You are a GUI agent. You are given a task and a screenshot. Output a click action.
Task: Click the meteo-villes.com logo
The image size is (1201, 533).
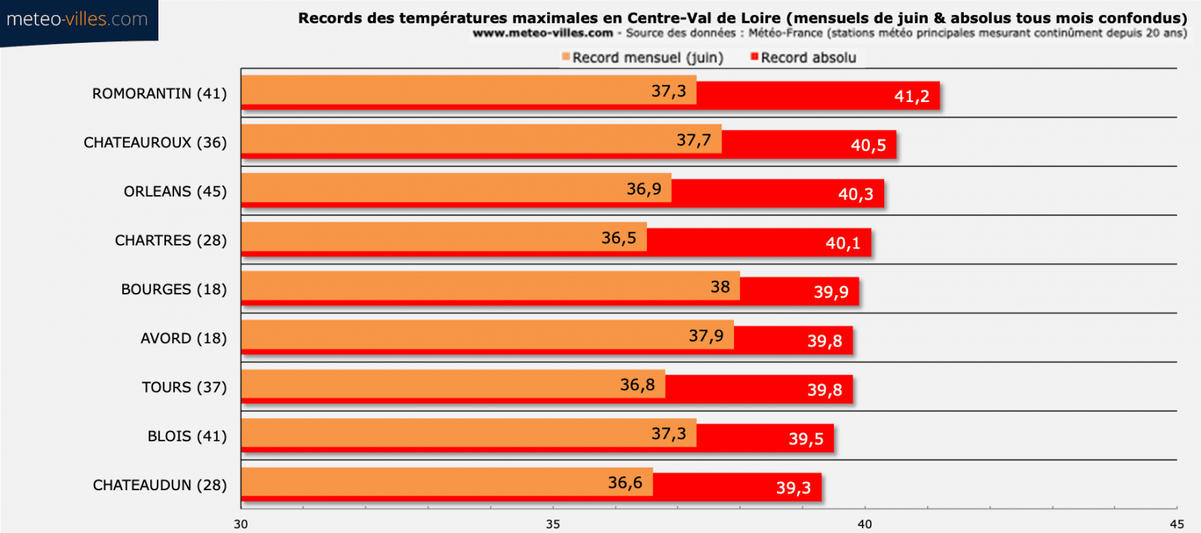point(77,20)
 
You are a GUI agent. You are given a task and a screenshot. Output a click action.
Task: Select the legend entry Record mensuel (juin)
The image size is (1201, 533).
point(643,58)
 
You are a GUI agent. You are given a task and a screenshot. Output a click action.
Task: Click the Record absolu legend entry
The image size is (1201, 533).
point(804,58)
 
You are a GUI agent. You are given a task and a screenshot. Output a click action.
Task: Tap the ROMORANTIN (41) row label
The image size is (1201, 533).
point(159,94)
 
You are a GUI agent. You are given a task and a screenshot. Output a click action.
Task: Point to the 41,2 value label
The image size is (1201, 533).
point(911,96)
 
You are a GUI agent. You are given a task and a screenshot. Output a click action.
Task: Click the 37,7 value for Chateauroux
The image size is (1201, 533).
point(693,140)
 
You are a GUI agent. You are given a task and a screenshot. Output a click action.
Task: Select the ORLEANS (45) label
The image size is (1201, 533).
point(175,191)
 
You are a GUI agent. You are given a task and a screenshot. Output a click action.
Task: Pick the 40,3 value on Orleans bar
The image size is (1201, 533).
point(856,194)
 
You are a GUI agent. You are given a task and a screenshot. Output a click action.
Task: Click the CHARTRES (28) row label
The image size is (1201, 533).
point(170,240)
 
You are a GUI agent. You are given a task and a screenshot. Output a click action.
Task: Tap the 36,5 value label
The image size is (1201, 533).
point(619,238)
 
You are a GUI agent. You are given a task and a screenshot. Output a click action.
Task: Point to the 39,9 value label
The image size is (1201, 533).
point(831,292)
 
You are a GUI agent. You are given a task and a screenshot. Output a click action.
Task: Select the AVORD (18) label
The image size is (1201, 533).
point(183,339)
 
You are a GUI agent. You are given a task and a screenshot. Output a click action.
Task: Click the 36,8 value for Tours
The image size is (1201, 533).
point(637,385)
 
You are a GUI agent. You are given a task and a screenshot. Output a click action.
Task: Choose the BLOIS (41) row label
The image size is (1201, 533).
point(187,436)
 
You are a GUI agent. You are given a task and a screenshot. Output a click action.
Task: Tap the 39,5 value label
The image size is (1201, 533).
point(805,439)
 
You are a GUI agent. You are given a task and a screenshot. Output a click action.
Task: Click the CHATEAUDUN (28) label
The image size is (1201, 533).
point(159,485)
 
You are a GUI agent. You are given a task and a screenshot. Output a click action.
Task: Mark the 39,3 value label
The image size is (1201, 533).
point(793,488)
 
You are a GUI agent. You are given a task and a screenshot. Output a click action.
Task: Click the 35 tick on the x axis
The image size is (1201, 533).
point(552,524)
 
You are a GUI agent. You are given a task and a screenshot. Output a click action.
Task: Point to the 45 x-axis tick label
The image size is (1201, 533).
point(1176,524)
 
